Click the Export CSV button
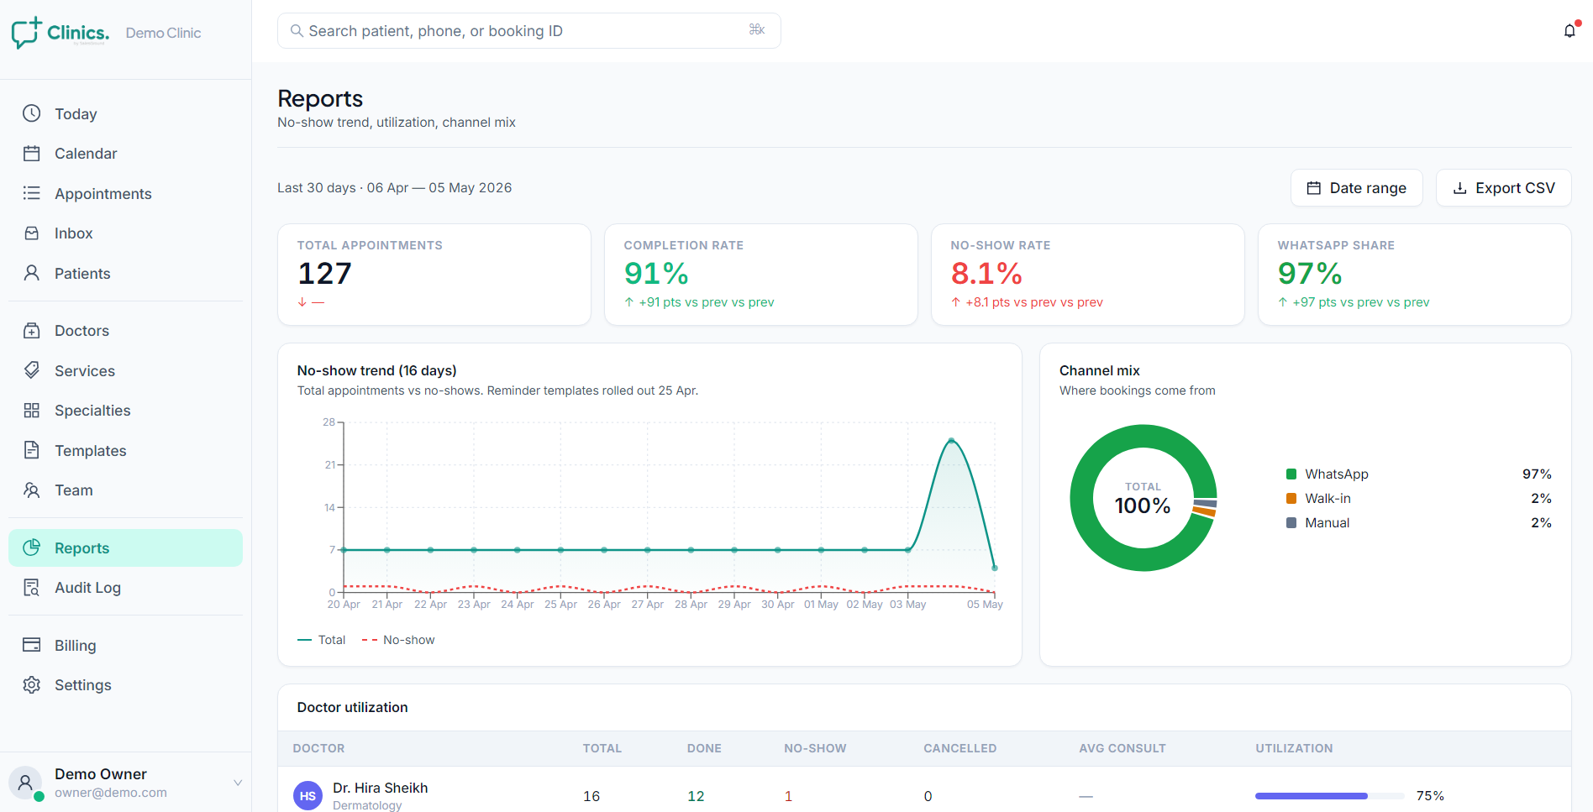(x=1503, y=188)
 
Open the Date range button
(x=1356, y=188)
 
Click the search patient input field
(x=528, y=31)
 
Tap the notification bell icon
(x=1569, y=31)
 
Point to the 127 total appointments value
(x=325, y=274)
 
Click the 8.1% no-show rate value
(x=986, y=274)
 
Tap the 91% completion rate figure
(x=656, y=274)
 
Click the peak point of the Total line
(x=951, y=440)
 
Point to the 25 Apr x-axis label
(x=560, y=605)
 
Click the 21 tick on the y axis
(x=329, y=464)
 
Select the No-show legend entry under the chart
(x=398, y=640)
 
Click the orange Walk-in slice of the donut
(x=1204, y=511)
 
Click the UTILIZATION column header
(x=1294, y=748)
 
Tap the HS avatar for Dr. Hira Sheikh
(x=308, y=796)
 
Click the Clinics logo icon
(x=26, y=33)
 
